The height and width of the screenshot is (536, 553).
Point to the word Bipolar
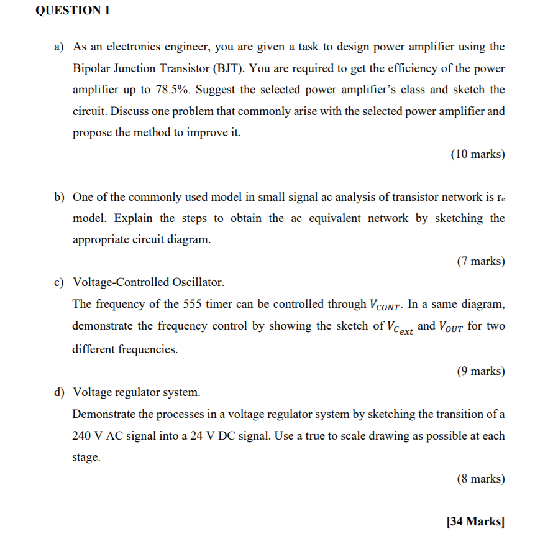[x=93, y=68]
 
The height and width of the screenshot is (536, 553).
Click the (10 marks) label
[x=477, y=154]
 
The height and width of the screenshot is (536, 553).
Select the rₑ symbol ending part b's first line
[x=500, y=198]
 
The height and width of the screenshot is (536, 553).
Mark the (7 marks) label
[x=480, y=261]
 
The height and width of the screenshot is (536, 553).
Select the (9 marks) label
[x=480, y=371]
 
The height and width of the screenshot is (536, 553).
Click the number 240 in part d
[x=82, y=436]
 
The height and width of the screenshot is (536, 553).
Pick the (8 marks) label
[x=480, y=479]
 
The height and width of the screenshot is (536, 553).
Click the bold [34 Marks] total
[x=475, y=522]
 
